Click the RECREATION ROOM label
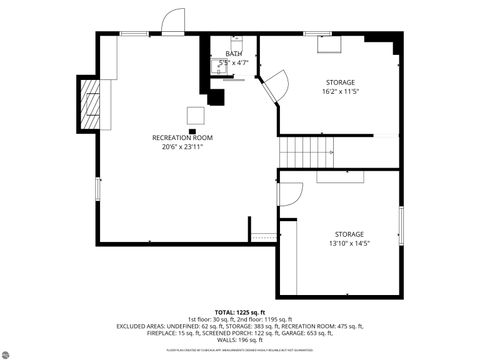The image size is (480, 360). click(182, 137)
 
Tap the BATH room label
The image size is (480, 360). click(233, 54)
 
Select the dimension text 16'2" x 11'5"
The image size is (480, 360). click(339, 92)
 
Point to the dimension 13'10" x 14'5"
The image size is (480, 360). click(349, 243)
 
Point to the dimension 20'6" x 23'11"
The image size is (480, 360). click(182, 147)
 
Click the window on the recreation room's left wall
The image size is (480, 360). click(97, 188)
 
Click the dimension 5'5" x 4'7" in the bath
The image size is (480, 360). click(233, 63)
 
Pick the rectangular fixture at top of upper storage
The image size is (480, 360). click(329, 43)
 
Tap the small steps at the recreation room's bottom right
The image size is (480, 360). click(262, 237)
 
